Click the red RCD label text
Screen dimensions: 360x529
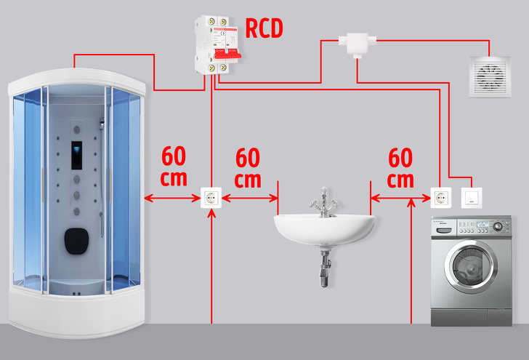pos(263,29)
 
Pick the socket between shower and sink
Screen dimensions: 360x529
pos(211,198)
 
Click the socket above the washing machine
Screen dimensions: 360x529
pos(441,197)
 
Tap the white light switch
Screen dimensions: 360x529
pos(472,197)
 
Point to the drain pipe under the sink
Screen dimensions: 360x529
pos(323,266)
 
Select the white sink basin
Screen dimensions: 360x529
pos(323,228)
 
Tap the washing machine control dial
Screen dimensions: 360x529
pos(497,226)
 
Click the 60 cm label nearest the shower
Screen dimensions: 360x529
pos(174,167)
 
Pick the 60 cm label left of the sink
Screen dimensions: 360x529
pos(249,167)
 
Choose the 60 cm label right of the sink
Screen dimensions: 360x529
pos(400,167)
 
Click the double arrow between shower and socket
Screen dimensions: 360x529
pos(172,198)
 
